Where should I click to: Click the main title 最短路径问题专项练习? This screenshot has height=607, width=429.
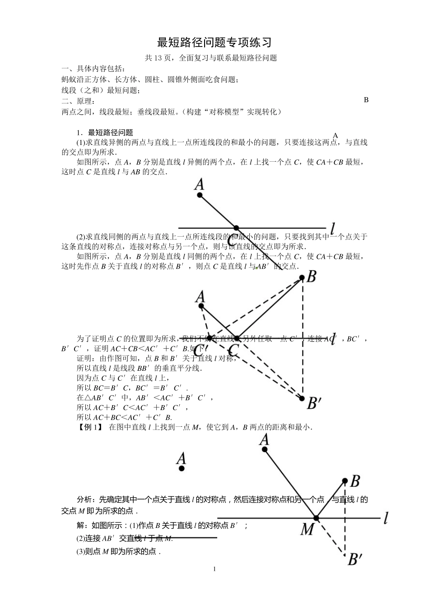(x=214, y=42)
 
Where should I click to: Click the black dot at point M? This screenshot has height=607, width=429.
(x=316, y=518)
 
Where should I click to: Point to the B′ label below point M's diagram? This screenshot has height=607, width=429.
(x=354, y=560)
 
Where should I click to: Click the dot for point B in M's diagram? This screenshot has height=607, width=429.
(x=345, y=481)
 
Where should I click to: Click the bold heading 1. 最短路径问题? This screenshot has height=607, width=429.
(x=105, y=132)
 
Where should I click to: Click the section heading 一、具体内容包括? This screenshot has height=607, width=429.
(x=93, y=69)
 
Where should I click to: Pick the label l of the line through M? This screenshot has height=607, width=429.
(x=386, y=519)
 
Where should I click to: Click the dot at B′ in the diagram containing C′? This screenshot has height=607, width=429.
(x=302, y=398)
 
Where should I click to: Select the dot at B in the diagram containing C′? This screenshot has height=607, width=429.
(x=303, y=278)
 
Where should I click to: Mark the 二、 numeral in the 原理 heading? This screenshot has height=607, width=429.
(x=67, y=101)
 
